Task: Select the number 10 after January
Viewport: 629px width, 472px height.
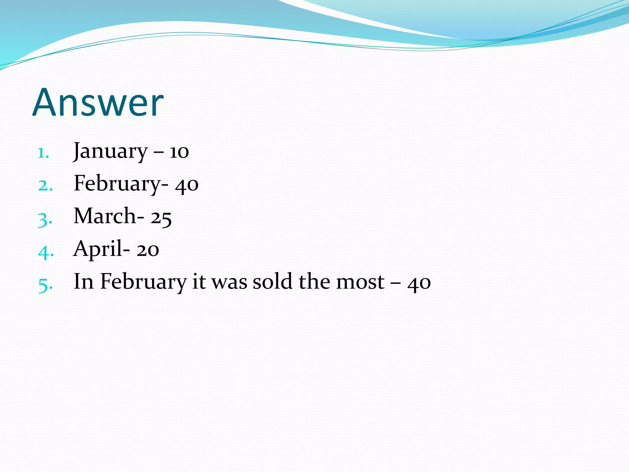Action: point(179,152)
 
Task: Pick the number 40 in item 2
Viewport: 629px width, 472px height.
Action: point(187,185)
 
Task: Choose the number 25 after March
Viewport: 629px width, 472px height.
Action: point(161,218)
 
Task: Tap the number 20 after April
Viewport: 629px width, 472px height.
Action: point(148,250)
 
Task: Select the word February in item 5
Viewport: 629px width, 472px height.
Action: point(143,281)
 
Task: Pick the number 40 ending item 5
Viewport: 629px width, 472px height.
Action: point(419,283)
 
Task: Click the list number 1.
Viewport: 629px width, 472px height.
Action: point(43,153)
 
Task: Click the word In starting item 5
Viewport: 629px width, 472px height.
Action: point(84,281)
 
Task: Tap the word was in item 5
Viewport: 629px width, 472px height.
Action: point(229,282)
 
